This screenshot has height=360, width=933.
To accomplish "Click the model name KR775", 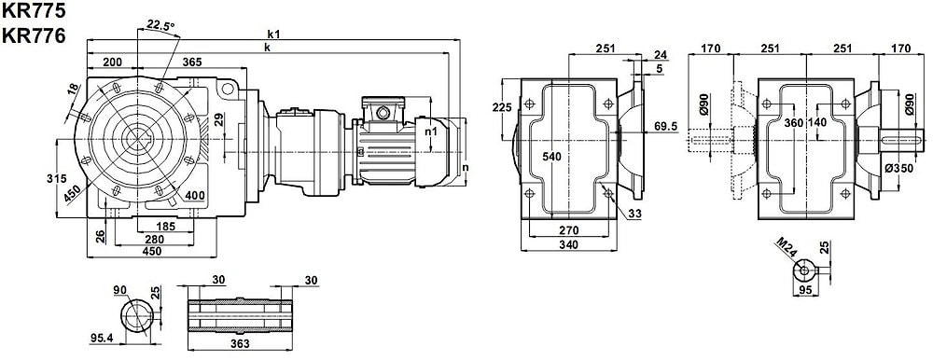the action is point(34,10).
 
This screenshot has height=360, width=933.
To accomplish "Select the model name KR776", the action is point(34,35).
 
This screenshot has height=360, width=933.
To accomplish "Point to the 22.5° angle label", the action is point(160,25).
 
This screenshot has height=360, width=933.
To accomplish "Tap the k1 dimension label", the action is point(274,34).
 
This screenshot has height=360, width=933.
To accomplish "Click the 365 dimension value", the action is point(191,62).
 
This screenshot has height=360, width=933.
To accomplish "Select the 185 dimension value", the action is point(165,226).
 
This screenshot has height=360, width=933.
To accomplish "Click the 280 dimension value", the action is point(155,239).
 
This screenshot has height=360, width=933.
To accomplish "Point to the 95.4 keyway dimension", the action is point(102,338).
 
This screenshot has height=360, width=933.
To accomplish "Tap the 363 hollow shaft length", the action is point(240,344).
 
